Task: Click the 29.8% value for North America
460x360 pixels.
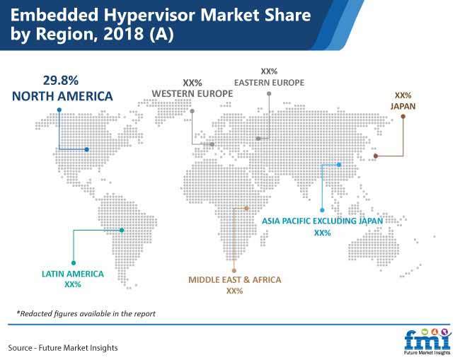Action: coord(61,81)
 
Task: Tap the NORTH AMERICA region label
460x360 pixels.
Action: coord(62,96)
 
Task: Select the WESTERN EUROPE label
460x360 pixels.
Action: coord(192,93)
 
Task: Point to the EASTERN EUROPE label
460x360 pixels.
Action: coord(269,83)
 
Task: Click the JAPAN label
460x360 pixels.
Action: coord(403,106)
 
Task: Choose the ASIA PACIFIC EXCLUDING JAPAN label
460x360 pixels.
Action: coord(323,221)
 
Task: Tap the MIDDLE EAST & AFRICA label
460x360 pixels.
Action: coord(235,279)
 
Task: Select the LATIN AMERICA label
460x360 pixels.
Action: coord(73,274)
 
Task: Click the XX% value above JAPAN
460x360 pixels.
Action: coord(403,95)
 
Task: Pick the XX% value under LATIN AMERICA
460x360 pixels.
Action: coord(73,284)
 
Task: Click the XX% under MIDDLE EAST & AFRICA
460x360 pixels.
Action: coord(235,291)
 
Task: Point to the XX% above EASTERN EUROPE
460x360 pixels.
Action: coord(269,71)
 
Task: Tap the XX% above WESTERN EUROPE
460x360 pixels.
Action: coord(192,83)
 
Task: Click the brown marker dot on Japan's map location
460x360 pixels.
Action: coord(376,156)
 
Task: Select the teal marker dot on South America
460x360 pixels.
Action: coord(122,230)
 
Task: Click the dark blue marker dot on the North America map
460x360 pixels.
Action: coord(86,149)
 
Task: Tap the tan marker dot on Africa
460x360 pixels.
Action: coord(246,208)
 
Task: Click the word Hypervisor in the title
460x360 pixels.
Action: coord(149,16)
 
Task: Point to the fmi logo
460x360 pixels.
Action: coord(427,342)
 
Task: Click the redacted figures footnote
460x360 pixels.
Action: coord(86,314)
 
